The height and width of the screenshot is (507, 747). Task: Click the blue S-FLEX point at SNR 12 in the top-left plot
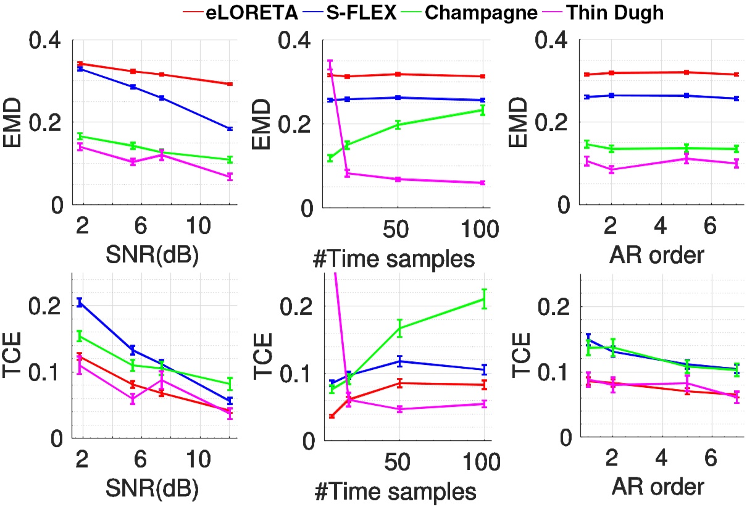[230, 128]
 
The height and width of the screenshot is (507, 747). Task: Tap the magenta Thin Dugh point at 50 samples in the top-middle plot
[398, 179]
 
